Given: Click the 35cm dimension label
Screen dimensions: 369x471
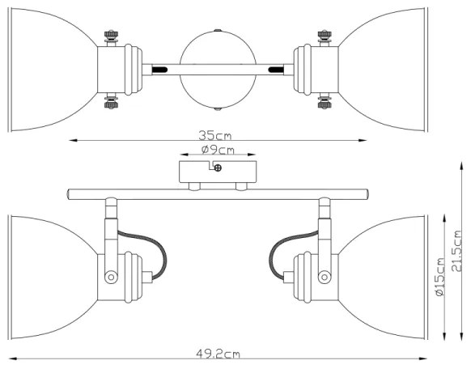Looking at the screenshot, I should click(x=216, y=134).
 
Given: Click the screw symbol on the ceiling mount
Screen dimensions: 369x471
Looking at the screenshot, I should click(x=219, y=168).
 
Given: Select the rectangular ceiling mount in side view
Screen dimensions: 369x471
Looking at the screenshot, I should click(x=217, y=172).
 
